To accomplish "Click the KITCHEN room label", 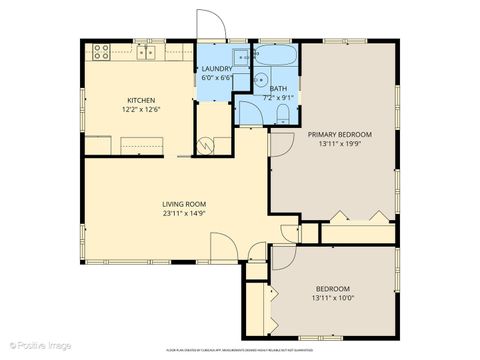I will click(x=139, y=99).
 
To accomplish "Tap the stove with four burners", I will click(x=102, y=50).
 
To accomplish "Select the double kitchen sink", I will click(x=149, y=51).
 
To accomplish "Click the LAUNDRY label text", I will click(x=216, y=69).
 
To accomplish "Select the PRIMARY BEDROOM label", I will click(x=339, y=134).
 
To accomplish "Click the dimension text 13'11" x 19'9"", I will click(x=339, y=144).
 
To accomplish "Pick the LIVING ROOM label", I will click(x=184, y=204).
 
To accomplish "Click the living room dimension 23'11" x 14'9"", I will click(x=184, y=214).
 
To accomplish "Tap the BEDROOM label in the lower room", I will click(x=333, y=288).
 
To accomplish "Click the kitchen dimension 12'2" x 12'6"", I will click(x=139, y=109).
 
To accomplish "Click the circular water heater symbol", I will click(x=209, y=144).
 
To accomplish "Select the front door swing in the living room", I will click(x=222, y=244).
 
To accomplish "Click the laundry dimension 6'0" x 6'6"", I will click(x=216, y=78).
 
